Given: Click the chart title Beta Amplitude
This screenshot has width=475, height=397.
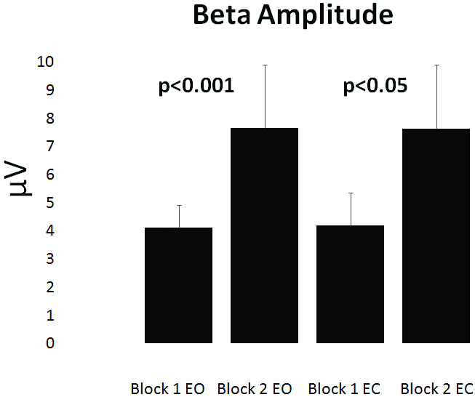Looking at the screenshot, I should pos(292,16).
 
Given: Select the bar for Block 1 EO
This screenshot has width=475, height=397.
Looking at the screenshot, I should pos(179,285).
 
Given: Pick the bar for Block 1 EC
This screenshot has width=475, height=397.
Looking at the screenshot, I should pos(351,284).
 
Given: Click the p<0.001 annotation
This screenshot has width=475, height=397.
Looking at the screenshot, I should pos(196,87).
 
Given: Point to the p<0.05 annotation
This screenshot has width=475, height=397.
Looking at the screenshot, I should pos(375,87).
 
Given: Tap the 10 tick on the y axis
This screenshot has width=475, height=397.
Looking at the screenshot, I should pos(46,62).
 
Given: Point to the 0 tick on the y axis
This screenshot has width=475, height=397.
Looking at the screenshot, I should pos(49,342).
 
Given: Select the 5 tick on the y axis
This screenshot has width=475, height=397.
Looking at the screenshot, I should pos(49,203).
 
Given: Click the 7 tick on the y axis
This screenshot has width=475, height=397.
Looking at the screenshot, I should pos(49,146).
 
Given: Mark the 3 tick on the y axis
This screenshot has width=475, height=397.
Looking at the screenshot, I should pos(49,259).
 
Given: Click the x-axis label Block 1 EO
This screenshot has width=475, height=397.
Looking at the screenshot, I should pos(168,389).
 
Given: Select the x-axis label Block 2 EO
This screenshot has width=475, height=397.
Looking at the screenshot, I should pos(255,389).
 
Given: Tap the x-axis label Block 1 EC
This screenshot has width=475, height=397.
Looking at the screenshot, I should pos(344,389).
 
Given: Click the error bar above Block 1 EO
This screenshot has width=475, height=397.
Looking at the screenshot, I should pos(179,217).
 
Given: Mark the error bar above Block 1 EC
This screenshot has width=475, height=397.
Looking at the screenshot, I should pos(351,209).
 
